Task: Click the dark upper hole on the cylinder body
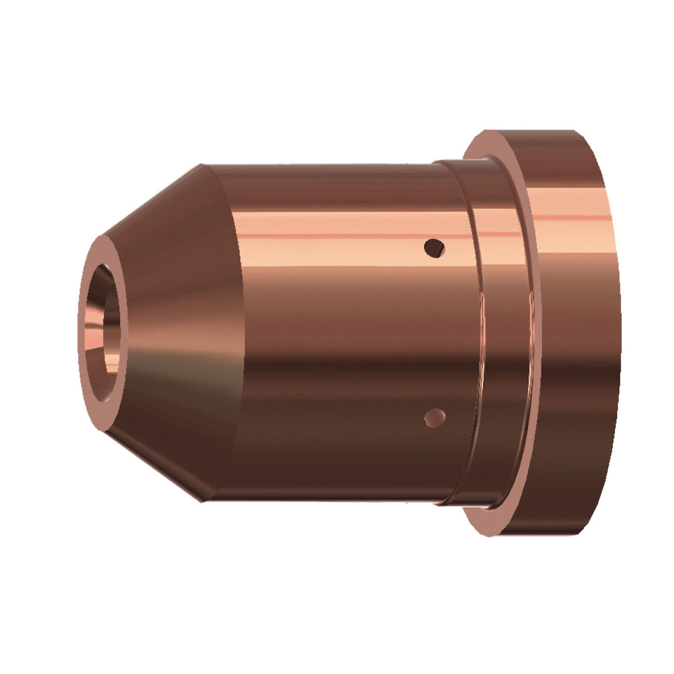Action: tap(434, 247)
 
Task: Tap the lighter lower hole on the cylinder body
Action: tap(434, 417)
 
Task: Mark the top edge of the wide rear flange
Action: tap(534, 131)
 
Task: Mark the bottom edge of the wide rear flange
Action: tap(534, 534)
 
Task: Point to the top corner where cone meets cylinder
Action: tap(202, 165)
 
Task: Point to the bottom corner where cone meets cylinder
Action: tap(202, 500)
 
